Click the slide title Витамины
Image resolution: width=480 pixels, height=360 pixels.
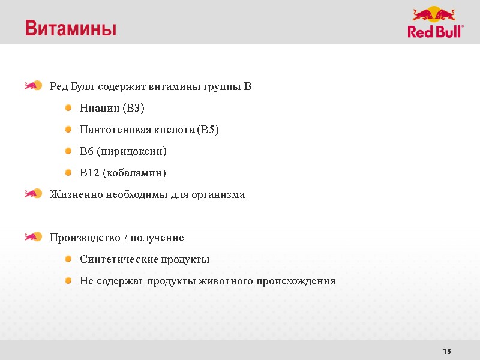click(71, 28)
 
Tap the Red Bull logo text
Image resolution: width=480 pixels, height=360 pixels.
click(435, 31)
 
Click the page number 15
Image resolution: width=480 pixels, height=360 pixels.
click(446, 351)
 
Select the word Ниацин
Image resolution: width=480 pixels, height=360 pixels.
click(99, 109)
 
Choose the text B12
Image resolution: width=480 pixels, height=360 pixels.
click(89, 173)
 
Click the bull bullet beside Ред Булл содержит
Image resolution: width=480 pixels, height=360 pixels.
click(33, 86)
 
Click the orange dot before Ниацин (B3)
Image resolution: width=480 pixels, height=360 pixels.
click(68, 108)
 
